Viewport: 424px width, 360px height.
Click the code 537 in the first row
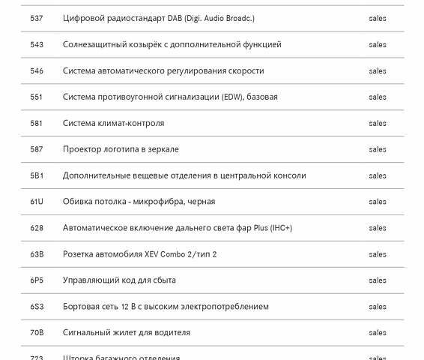(x=36, y=19)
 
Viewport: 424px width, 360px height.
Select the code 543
(x=36, y=45)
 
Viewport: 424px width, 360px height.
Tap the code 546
(x=36, y=71)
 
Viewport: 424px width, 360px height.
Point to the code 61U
(x=37, y=202)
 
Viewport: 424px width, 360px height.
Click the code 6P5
(x=37, y=280)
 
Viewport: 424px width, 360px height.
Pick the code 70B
(x=37, y=333)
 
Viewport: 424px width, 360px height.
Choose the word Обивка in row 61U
(x=77, y=202)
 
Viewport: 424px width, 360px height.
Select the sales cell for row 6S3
(x=378, y=307)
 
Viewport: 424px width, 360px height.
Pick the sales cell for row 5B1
(x=378, y=175)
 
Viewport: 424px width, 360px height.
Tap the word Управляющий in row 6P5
(x=90, y=280)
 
